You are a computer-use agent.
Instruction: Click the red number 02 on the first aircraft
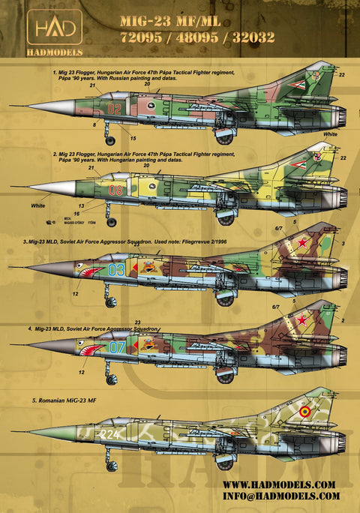tap(114, 108)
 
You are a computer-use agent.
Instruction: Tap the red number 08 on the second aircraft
tap(115, 190)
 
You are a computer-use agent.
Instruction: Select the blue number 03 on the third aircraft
tap(115, 269)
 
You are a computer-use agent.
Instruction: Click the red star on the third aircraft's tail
tap(304, 242)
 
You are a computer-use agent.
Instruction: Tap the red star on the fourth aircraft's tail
tap(303, 320)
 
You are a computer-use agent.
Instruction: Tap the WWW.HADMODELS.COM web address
tap(278, 484)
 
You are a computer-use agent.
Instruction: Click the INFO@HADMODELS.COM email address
tap(278, 496)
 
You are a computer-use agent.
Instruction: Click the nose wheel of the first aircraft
tap(111, 139)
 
